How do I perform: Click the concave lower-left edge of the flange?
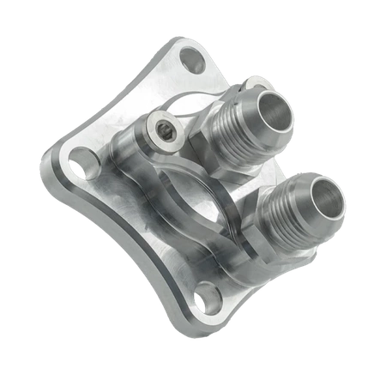point(120,249)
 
